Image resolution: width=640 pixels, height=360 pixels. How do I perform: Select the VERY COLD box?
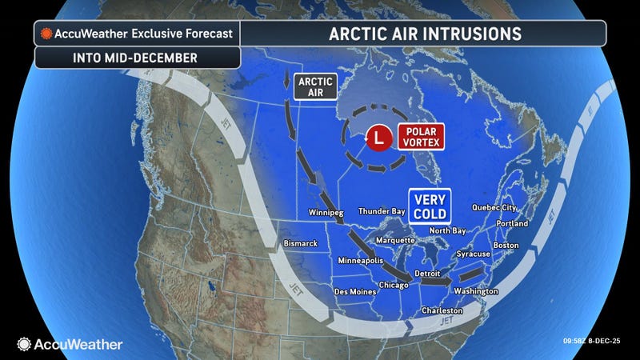[430, 206]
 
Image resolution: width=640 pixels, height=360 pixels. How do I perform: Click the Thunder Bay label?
[381, 213]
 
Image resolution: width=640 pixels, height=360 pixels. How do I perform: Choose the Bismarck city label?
[301, 242]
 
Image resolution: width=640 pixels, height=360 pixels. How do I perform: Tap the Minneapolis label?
[361, 262]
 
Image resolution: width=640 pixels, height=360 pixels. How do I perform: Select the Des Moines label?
[354, 291]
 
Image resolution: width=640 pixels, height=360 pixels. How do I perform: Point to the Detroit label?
[428, 273]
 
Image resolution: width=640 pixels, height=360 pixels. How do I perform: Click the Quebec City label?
[494, 207]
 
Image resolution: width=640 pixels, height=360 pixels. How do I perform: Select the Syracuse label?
[474, 254]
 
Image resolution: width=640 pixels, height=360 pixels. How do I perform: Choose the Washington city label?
[475, 291]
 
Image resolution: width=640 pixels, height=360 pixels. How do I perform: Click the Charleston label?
[442, 310]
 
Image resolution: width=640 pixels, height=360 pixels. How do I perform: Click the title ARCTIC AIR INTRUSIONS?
[425, 34]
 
